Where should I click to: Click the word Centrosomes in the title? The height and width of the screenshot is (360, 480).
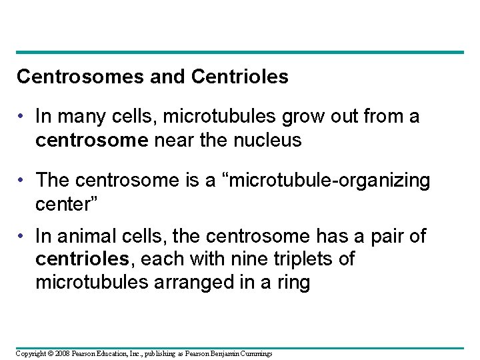(x=69, y=77)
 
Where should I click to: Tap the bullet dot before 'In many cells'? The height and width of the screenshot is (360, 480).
(x=23, y=118)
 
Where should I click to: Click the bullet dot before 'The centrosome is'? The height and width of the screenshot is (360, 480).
(x=23, y=181)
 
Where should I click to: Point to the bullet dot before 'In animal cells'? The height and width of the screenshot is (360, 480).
(x=23, y=237)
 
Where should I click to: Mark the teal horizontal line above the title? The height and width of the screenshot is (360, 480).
(x=240, y=52)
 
